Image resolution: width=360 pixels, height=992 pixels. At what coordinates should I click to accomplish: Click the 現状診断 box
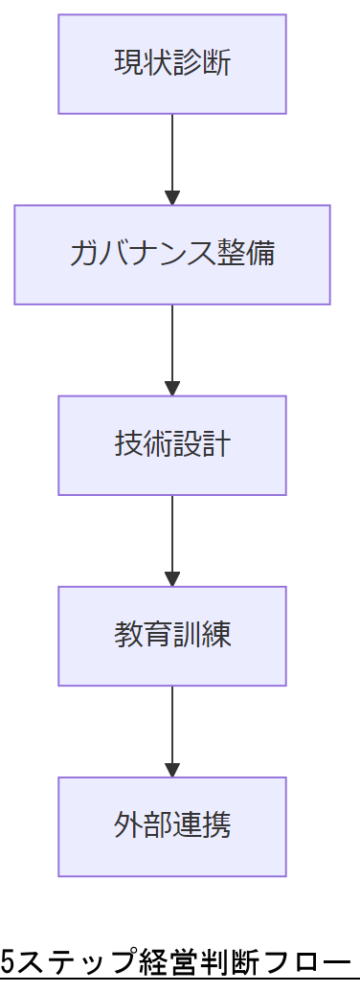click(172, 64)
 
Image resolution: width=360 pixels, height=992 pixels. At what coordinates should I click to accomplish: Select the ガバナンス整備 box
click(172, 255)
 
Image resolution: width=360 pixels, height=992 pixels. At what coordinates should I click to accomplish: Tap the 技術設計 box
click(172, 445)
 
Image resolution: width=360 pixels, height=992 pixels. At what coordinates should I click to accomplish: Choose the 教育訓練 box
click(172, 636)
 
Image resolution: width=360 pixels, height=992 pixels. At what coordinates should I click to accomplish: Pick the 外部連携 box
click(172, 826)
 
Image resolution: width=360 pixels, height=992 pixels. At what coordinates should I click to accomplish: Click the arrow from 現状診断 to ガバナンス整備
click(172, 153)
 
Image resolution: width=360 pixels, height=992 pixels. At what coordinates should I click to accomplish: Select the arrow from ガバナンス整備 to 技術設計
click(172, 345)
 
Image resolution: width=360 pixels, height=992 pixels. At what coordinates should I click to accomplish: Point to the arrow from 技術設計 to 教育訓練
click(172, 535)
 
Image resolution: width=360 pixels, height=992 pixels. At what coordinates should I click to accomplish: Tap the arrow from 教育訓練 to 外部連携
click(172, 726)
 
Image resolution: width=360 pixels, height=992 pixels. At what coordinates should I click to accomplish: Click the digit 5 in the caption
click(8, 961)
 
